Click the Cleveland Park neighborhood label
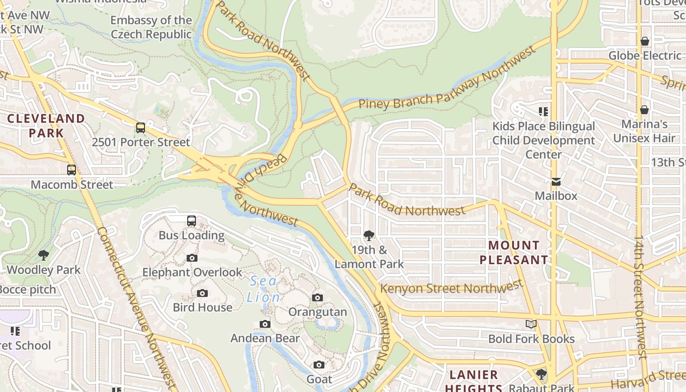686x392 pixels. [46, 125]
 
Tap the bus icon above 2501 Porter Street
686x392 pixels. [141, 128]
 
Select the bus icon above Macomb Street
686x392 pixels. [72, 170]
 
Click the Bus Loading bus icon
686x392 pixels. [192, 221]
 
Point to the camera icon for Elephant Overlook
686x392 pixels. [192, 258]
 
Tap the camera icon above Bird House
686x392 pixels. [202, 293]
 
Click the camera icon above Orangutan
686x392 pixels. [318, 297]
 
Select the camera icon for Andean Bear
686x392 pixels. [265, 324]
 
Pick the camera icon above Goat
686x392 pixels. [319, 365]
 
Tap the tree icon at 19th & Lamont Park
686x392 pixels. [369, 236]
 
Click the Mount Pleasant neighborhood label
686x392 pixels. [514, 252]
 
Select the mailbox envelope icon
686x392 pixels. [556, 182]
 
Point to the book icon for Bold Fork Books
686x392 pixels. [531, 324]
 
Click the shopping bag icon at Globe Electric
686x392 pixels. [645, 41]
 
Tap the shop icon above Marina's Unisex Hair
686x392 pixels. [644, 110]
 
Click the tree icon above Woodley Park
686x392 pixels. [44, 255]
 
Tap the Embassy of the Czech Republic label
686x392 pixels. [151, 27]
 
